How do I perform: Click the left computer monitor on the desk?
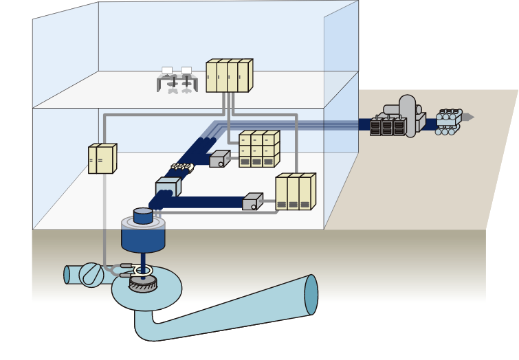pyautogui.click(x=167, y=71)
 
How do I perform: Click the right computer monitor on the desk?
pyautogui.click(x=186, y=71)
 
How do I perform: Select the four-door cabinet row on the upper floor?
pyautogui.click(x=229, y=76)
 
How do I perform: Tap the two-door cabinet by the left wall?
pyautogui.click(x=102, y=159)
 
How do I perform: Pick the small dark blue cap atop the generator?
pyautogui.click(x=143, y=216)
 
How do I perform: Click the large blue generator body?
pyautogui.click(x=143, y=237)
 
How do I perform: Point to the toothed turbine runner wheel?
pyautogui.click(x=143, y=284)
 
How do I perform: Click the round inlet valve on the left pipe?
pyautogui.click(x=91, y=275)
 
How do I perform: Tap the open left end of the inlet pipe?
pyautogui.click(x=67, y=275)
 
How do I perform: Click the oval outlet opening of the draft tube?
pyautogui.click(x=311, y=295)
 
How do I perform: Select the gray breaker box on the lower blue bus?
pyautogui.click(x=252, y=202)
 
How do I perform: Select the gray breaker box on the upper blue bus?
pyautogui.click(x=219, y=159)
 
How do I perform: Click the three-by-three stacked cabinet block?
pyautogui.click(x=258, y=150)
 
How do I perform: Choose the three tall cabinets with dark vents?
pyautogui.click(x=295, y=192)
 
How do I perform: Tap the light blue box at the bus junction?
pyautogui.click(x=167, y=187)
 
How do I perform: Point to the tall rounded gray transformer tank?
pyautogui.click(x=408, y=115)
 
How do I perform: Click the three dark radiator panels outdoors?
pyautogui.click(x=387, y=127)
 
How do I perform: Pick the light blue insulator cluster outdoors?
pyautogui.click(x=448, y=121)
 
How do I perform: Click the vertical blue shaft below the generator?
pyautogui.click(x=143, y=260)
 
